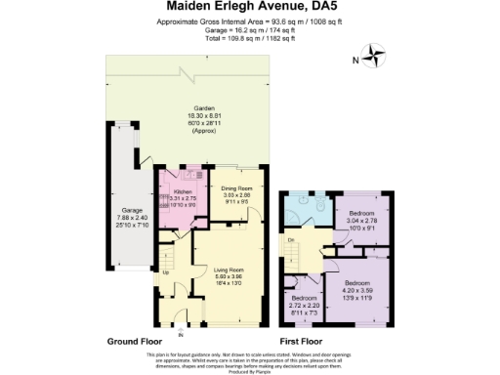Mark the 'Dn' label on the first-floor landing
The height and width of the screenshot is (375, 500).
point(292,239)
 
